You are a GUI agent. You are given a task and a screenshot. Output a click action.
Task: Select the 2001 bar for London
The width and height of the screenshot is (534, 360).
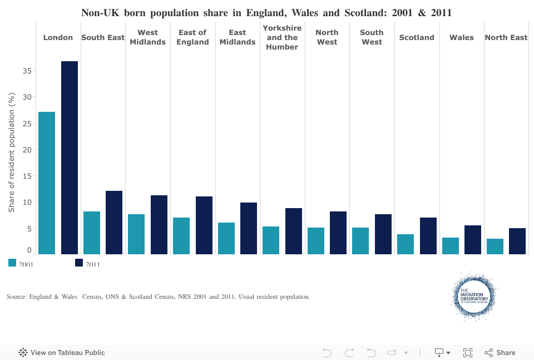coord(47,183)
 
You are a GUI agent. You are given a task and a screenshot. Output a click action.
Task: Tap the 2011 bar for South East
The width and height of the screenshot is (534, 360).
coord(114,223)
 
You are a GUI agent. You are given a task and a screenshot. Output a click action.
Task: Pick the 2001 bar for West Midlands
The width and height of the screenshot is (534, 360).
coord(136,234)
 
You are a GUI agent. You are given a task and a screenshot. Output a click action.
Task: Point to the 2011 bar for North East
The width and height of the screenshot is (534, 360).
coord(517,241)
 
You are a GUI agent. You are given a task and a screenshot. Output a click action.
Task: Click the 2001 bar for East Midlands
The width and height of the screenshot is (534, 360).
coord(226,238)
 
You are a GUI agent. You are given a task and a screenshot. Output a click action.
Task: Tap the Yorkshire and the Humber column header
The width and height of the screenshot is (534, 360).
coord(282,37)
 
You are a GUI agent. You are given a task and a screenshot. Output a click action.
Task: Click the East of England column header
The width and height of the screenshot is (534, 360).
coord(192,37)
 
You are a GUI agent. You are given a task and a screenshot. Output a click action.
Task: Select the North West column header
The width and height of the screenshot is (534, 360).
coord(327,37)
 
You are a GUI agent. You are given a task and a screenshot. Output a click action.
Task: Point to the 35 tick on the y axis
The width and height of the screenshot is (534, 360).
coord(26,71)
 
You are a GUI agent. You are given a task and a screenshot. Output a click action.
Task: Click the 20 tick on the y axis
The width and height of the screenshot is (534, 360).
coord(26,150)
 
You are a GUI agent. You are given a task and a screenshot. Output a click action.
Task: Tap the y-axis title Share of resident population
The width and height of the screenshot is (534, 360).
coord(11,153)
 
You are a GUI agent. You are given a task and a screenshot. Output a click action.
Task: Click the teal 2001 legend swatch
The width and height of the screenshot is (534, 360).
coord(12,263)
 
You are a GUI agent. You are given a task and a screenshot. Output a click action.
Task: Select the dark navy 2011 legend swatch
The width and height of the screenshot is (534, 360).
coord(79,263)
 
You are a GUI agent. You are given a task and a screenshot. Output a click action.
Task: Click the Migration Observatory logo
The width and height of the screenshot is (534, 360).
coord(473,297)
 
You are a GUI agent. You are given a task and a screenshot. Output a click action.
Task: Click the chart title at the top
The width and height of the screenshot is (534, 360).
coord(266,12)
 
